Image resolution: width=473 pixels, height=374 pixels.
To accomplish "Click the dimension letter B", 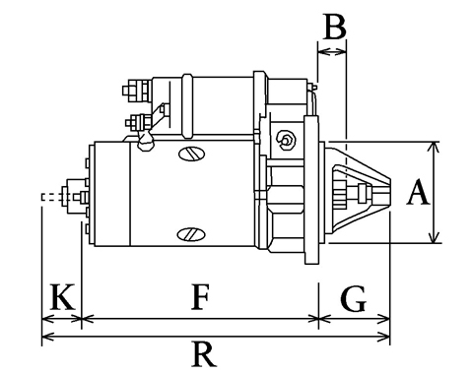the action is click(x=335, y=27).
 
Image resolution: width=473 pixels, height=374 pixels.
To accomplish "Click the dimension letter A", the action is click(x=418, y=192).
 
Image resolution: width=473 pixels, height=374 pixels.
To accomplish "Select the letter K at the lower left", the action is click(x=62, y=297).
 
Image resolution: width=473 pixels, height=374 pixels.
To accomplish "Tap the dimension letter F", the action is click(x=200, y=297).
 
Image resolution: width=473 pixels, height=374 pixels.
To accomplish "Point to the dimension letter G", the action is click(x=353, y=298).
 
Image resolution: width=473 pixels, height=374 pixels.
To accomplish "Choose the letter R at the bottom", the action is click(x=204, y=354).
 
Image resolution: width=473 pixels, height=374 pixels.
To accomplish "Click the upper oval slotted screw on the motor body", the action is click(x=192, y=154).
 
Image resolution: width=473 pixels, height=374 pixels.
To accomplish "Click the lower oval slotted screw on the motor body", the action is click(x=191, y=234).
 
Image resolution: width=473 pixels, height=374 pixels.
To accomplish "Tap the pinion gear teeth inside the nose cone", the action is click(x=341, y=193).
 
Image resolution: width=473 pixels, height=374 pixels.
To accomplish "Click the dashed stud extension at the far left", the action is click(x=52, y=197).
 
